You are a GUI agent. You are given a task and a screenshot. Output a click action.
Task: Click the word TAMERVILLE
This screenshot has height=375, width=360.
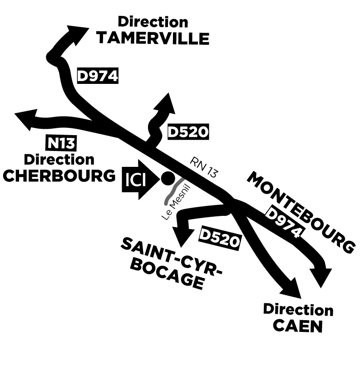[x=153, y=39]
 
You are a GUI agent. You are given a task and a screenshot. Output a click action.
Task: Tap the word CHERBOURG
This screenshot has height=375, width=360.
[x=59, y=175]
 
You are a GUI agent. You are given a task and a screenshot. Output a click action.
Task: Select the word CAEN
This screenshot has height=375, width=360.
[x=299, y=326]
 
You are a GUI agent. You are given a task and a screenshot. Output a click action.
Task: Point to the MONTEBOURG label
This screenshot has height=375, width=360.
[x=301, y=212]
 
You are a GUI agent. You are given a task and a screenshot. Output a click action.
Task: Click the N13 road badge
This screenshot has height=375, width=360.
[x=62, y=144]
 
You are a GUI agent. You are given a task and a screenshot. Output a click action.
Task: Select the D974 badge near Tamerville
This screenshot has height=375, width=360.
[x=98, y=76]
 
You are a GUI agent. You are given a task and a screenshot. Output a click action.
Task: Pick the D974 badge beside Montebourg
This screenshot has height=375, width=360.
[x=284, y=222]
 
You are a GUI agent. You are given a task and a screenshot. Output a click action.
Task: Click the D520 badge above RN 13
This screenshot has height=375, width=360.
[x=188, y=132]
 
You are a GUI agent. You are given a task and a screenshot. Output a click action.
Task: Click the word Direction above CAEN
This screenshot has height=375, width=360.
[x=298, y=310]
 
